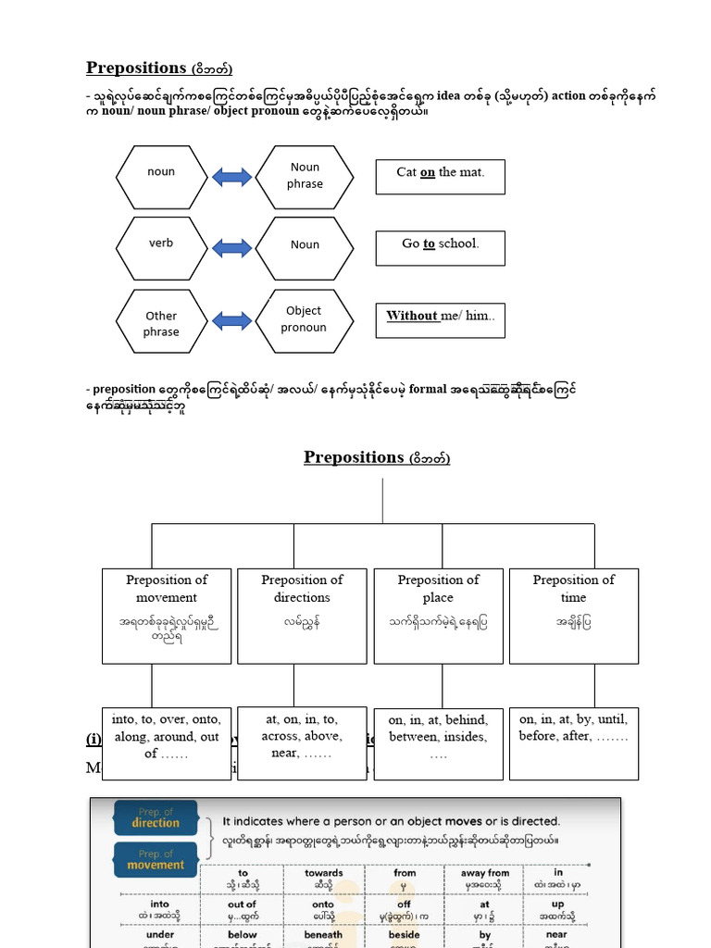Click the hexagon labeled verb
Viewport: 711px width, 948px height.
coord(161,244)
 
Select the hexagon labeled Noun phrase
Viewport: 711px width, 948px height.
coord(304,176)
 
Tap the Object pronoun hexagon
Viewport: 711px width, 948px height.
coord(304,319)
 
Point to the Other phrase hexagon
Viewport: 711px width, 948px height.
coord(161,323)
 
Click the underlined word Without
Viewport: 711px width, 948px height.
coord(412,316)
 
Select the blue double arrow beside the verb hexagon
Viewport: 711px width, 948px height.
coord(232,246)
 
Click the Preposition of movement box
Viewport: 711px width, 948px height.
coord(167,615)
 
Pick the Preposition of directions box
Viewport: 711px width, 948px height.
coord(302,615)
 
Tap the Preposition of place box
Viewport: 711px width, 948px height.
coord(438,615)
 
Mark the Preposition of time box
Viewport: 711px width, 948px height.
coord(573,615)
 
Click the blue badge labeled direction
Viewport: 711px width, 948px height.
coord(155,817)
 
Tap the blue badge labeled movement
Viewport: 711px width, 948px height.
coord(155,860)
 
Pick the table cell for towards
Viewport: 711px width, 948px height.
coord(323,878)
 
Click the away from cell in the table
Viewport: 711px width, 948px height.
coord(485,878)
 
